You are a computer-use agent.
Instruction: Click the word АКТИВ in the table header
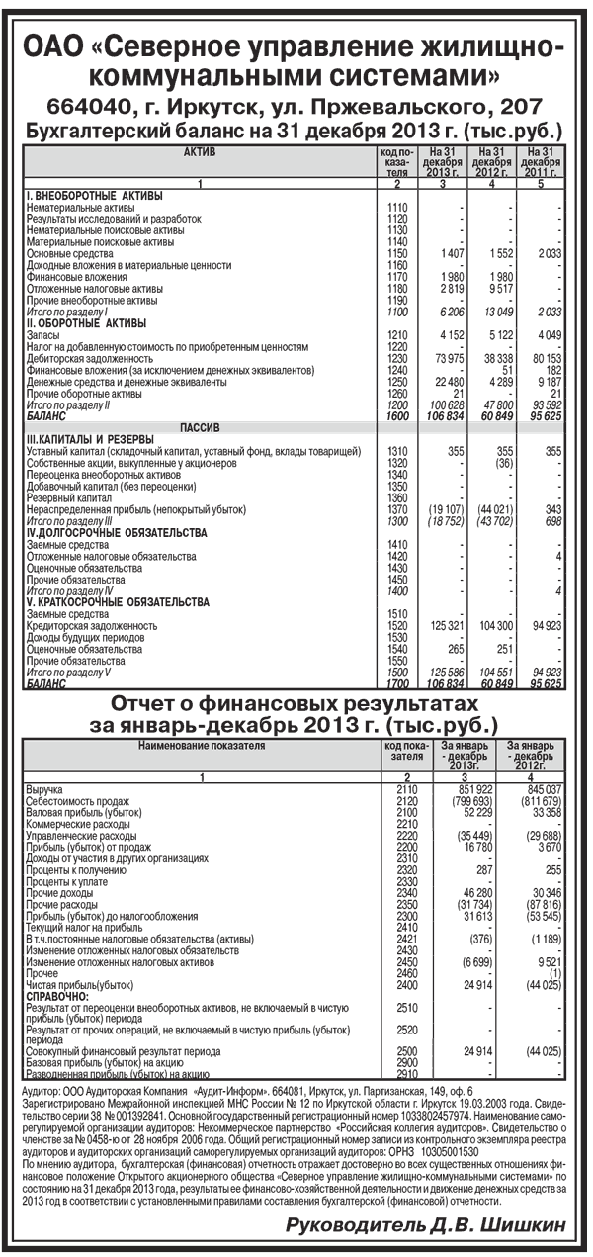pyautogui.click(x=199, y=151)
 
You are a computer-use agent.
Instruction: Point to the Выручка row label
pyautogui.click(x=45, y=790)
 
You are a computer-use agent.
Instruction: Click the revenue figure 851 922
pyautogui.click(x=470, y=790)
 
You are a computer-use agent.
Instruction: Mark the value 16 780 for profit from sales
pyautogui.click(x=475, y=846)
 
